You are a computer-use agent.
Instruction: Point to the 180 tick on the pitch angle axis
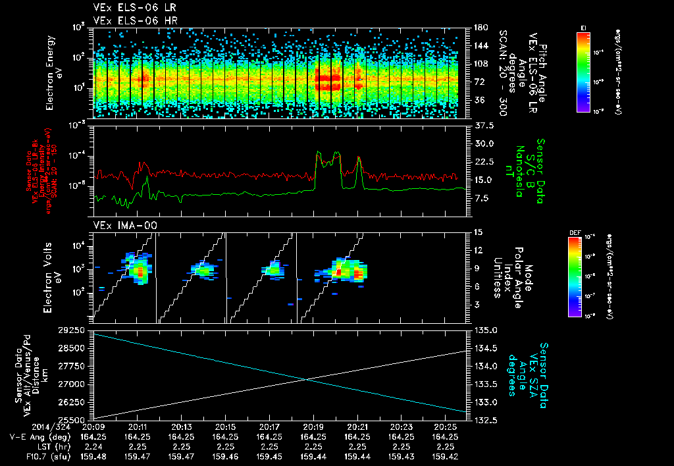[479, 28]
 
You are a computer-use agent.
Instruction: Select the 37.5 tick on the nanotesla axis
[484, 125]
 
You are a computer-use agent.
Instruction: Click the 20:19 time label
[313, 427]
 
